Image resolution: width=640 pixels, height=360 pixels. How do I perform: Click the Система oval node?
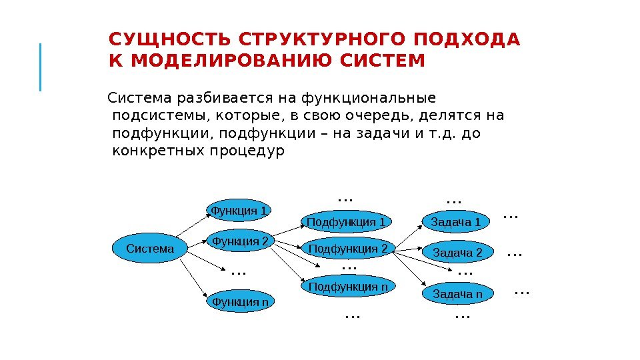[150, 249]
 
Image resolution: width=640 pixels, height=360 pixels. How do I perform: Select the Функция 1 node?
[239, 211]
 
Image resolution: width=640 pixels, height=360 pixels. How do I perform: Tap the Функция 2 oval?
[239, 241]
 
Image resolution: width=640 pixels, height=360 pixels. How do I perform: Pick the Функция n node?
[240, 302]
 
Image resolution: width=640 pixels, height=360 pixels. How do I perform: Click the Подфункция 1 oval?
[346, 221]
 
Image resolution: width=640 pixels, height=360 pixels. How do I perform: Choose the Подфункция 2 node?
[348, 249]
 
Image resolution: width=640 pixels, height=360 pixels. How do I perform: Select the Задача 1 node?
[455, 221]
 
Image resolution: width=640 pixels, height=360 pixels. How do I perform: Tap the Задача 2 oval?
[457, 253]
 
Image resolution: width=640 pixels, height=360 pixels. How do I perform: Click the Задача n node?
[457, 294]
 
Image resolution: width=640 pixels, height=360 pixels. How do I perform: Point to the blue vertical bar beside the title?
[41, 67]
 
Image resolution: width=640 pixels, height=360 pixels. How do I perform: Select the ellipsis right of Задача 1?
[510, 216]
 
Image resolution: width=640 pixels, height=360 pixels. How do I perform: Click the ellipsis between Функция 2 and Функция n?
[238, 272]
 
